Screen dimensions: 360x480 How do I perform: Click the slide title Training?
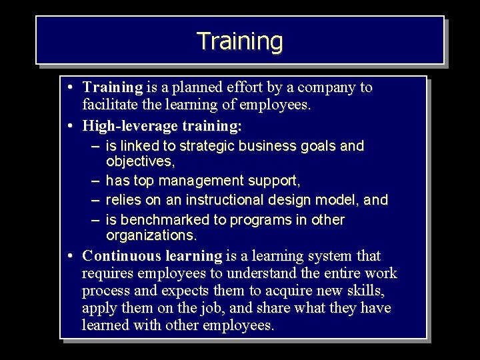click(240, 41)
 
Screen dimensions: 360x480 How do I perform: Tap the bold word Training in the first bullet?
click(113, 87)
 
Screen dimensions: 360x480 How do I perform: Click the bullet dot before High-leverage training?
click(71, 125)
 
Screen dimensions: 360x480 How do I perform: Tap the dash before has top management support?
click(95, 181)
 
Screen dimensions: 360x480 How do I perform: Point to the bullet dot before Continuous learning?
click(71, 256)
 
